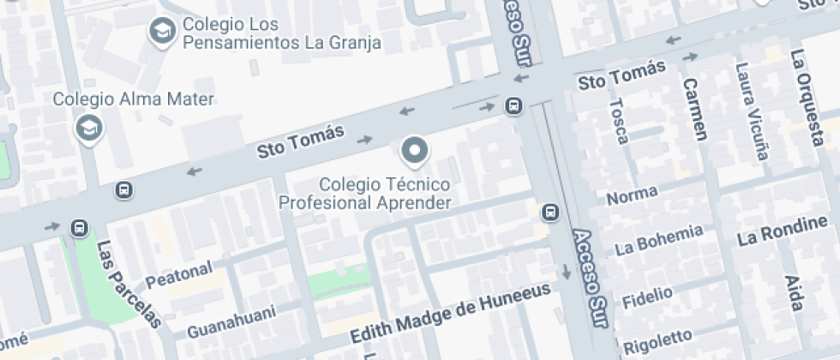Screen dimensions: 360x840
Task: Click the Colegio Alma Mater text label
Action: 133,99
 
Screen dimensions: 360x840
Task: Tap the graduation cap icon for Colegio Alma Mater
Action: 88,129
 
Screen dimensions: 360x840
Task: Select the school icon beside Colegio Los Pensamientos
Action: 160,32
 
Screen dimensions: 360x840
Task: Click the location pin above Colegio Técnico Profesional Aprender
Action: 415,151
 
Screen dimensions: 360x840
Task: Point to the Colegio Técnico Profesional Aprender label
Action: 365,194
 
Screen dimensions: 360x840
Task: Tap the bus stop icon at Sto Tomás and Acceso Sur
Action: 513,105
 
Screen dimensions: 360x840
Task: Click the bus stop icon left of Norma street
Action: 549,212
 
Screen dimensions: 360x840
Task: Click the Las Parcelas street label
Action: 129,285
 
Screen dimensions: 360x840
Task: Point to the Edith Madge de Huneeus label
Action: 450,315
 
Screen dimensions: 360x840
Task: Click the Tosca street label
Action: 618,121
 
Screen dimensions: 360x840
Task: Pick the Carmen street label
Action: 695,109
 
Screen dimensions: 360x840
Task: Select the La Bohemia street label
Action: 659,239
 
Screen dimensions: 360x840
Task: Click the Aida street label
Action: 795,294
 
